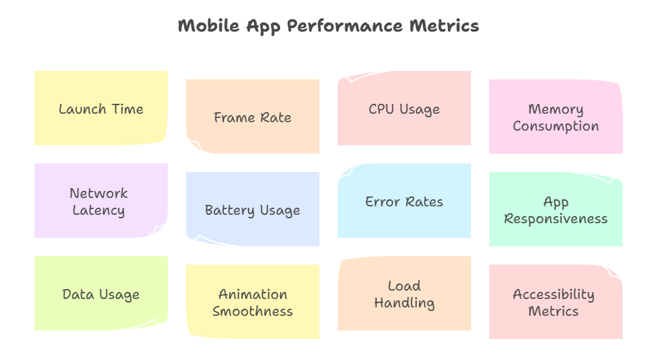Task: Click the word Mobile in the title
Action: tap(208, 26)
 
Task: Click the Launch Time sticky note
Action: tap(101, 108)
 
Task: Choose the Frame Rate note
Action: tap(253, 116)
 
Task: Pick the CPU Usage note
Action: tap(404, 108)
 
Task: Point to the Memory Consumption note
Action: tap(556, 116)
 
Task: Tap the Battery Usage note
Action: tap(253, 209)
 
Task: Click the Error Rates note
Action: tap(404, 201)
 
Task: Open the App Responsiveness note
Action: tap(556, 209)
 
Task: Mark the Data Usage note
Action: tap(101, 293)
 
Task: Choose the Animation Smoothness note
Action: tap(253, 302)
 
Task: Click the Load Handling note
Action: tap(404, 293)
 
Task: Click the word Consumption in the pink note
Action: tap(556, 126)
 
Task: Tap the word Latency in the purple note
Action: tap(99, 211)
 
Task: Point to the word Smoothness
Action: tap(253, 311)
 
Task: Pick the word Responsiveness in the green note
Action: tap(556, 218)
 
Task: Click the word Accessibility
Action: tap(554, 294)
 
